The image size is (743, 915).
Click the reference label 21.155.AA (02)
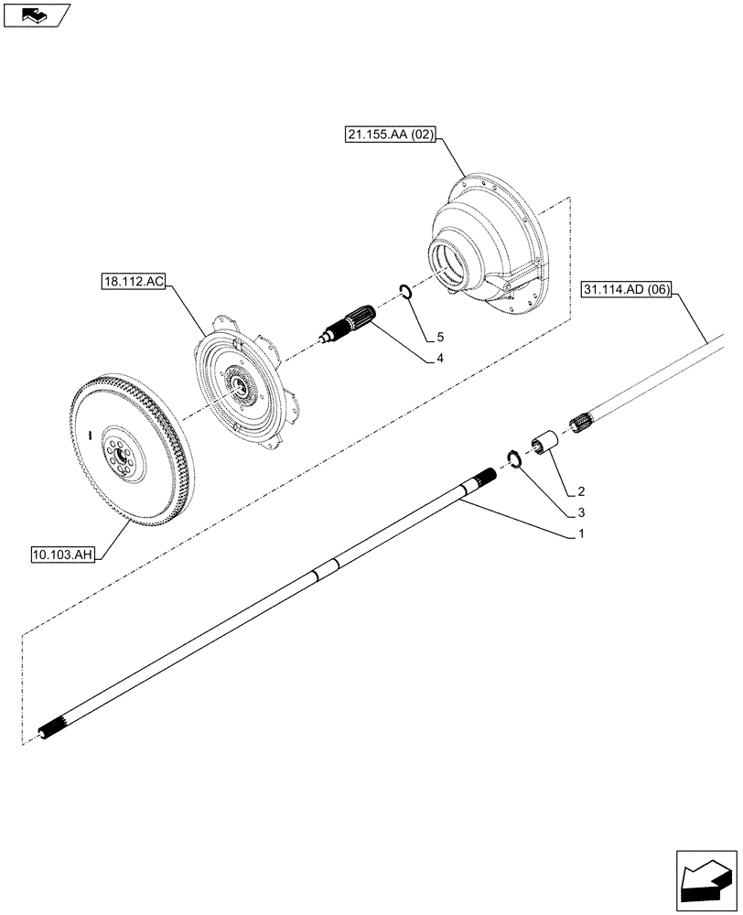pyautogui.click(x=391, y=135)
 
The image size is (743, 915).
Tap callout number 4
pyautogui.click(x=440, y=358)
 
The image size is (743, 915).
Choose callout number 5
pyautogui.click(x=440, y=334)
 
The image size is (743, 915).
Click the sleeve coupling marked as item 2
pyautogui.click(x=550, y=443)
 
